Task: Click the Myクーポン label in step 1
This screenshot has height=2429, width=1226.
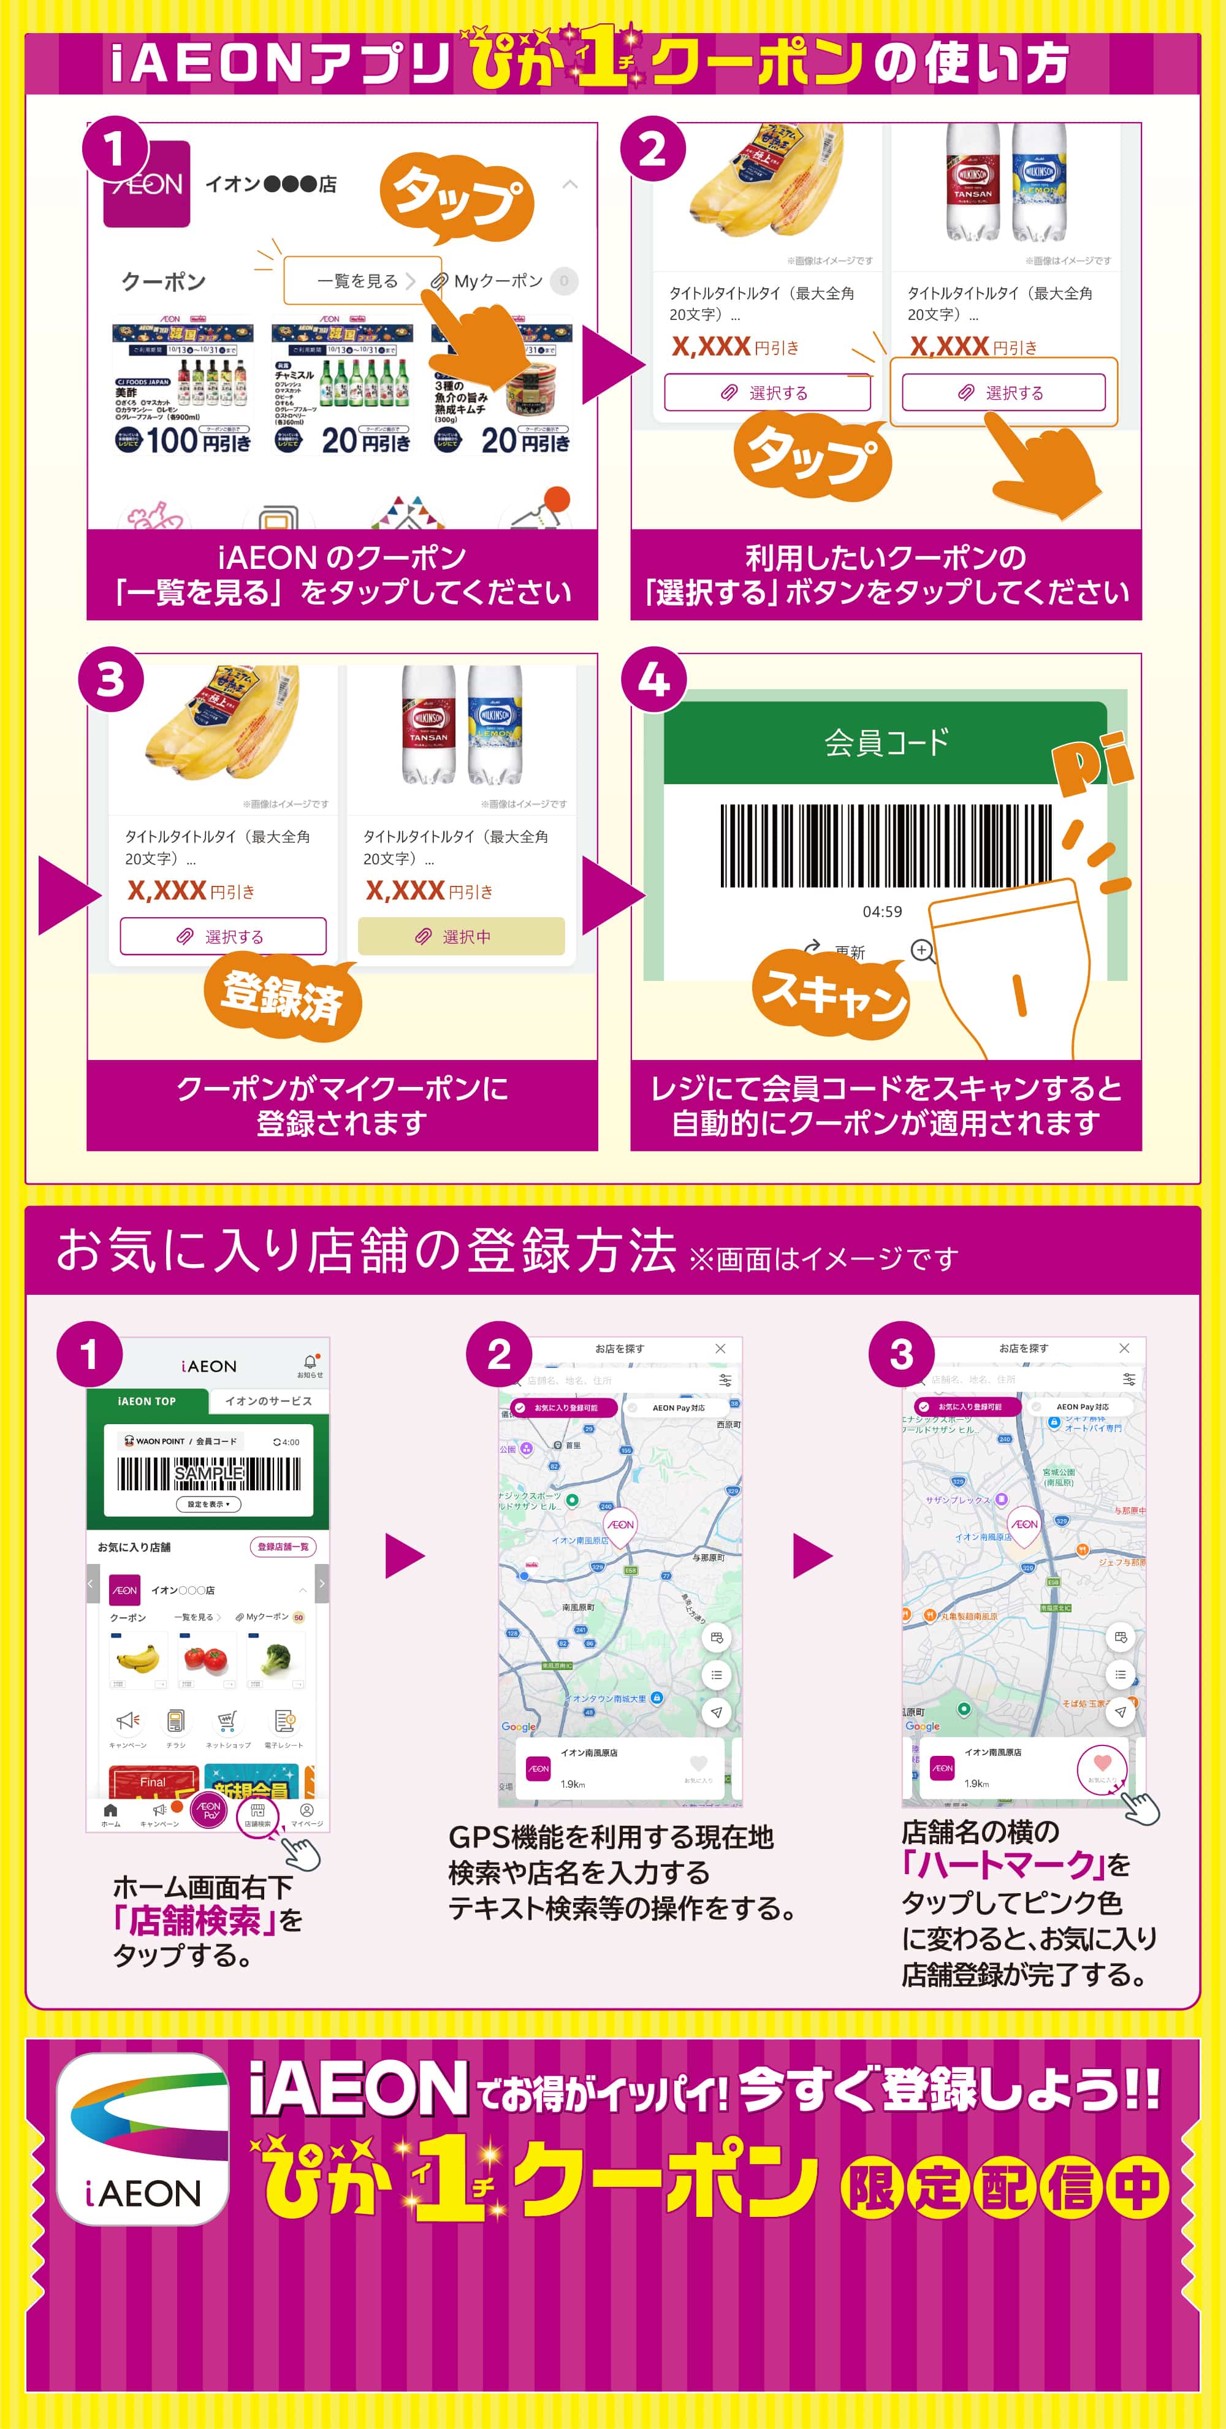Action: [x=498, y=281]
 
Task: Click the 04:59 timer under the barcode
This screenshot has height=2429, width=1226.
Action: [x=881, y=912]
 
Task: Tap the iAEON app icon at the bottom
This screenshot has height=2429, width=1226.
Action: [x=142, y=2138]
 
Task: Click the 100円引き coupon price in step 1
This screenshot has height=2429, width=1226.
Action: [x=198, y=440]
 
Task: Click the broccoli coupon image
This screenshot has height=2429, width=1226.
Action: [x=275, y=1658]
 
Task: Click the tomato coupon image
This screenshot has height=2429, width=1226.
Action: [x=205, y=1658]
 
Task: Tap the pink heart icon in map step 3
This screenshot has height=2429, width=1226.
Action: [x=1102, y=1763]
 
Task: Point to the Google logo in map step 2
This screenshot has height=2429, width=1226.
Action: [x=519, y=1726]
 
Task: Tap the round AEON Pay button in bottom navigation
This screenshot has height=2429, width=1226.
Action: [x=210, y=1810]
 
